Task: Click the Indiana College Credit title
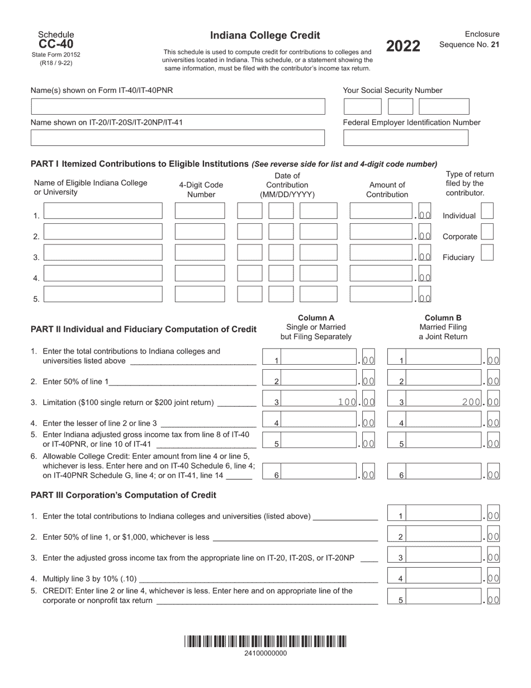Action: click(x=265, y=36)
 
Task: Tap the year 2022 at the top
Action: click(x=403, y=46)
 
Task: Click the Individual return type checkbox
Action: click(x=487, y=211)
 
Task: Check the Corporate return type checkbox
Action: click(x=487, y=232)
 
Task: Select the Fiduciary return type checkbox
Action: click(x=487, y=253)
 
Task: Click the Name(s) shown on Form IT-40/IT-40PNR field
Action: click(x=178, y=106)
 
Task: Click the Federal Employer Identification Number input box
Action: click(x=405, y=138)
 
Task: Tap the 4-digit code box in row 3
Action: click(x=200, y=253)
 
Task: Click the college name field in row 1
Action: click(x=103, y=211)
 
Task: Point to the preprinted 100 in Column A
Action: click(x=347, y=402)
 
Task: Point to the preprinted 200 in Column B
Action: click(x=472, y=402)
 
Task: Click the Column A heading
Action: click(x=316, y=318)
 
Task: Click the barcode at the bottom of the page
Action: click(x=265, y=642)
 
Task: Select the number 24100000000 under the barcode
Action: click(x=265, y=653)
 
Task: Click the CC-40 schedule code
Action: click(x=55, y=44)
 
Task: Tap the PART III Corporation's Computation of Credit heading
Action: click(x=123, y=495)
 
